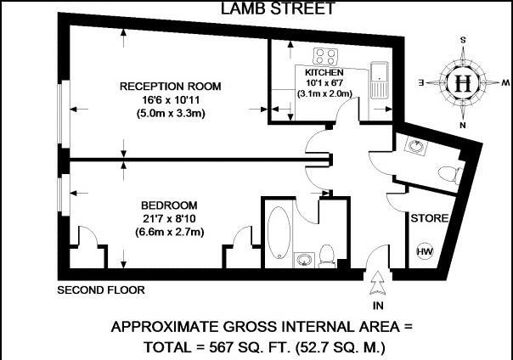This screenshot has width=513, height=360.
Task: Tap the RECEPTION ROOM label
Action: click(x=170, y=87)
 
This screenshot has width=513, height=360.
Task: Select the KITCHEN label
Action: click(x=323, y=73)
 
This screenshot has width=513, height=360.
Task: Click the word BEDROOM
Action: click(x=169, y=206)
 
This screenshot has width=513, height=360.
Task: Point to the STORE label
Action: click(x=429, y=218)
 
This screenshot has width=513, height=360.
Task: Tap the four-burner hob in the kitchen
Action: click(x=324, y=56)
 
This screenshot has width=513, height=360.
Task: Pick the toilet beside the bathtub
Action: click(x=328, y=253)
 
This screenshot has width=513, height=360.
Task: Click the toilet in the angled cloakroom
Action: click(x=448, y=174)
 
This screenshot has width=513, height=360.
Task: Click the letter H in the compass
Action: click(x=463, y=84)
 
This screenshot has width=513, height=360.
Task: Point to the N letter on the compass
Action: click(x=463, y=125)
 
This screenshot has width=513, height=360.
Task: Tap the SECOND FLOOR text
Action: click(x=101, y=290)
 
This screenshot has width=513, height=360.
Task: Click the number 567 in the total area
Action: click(x=231, y=346)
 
